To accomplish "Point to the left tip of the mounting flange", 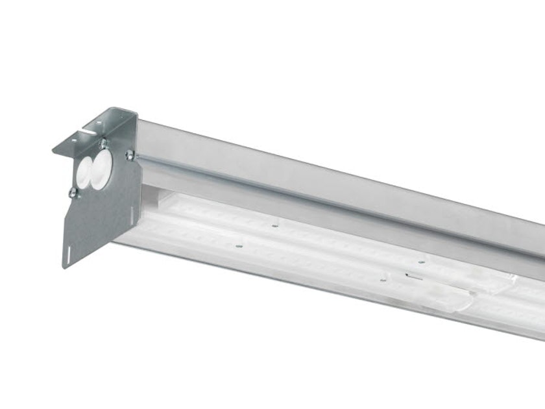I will (x=54, y=150).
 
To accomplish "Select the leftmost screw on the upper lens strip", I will (x=275, y=226).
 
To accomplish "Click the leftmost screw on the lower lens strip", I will (x=239, y=247).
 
